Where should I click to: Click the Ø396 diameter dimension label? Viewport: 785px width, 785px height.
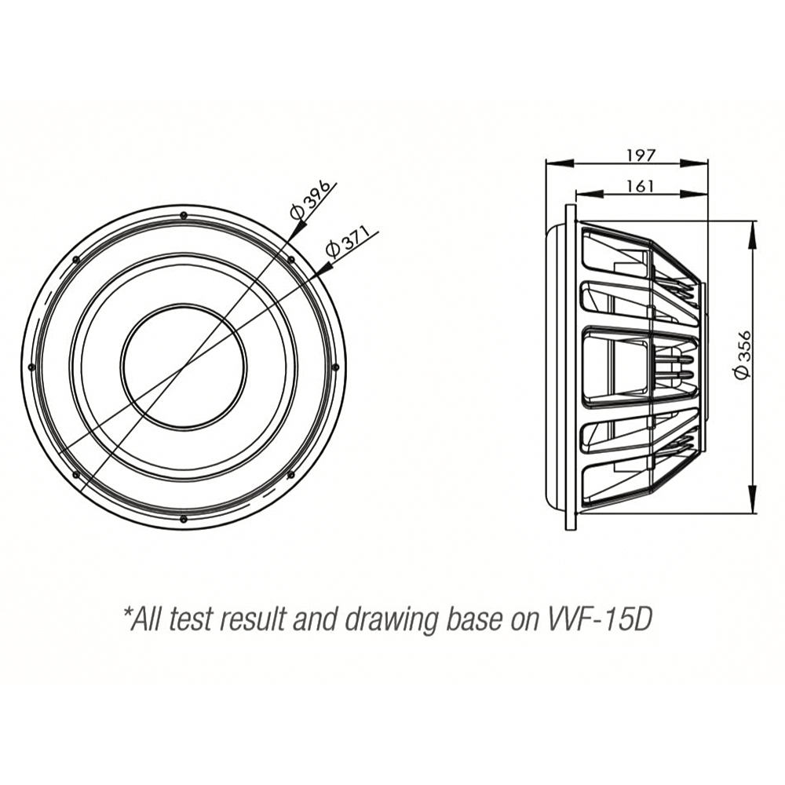pyautogui.click(x=310, y=199)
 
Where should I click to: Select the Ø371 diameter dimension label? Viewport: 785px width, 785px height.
pyautogui.click(x=347, y=241)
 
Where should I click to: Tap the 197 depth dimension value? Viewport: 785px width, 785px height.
pyautogui.click(x=641, y=155)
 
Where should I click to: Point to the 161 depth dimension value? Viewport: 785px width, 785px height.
pyautogui.click(x=641, y=186)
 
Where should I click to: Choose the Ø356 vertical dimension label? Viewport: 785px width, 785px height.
pyautogui.click(x=742, y=355)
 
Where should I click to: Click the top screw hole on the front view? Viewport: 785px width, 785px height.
pyautogui.click(x=183, y=215)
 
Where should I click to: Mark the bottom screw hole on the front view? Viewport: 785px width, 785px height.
pyautogui.click(x=183, y=519)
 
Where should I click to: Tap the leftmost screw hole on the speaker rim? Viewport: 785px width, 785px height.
pyautogui.click(x=31, y=367)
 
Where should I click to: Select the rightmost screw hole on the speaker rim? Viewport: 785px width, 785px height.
pyautogui.click(x=335, y=367)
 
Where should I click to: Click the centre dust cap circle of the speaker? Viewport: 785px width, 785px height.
pyautogui.click(x=183, y=367)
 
